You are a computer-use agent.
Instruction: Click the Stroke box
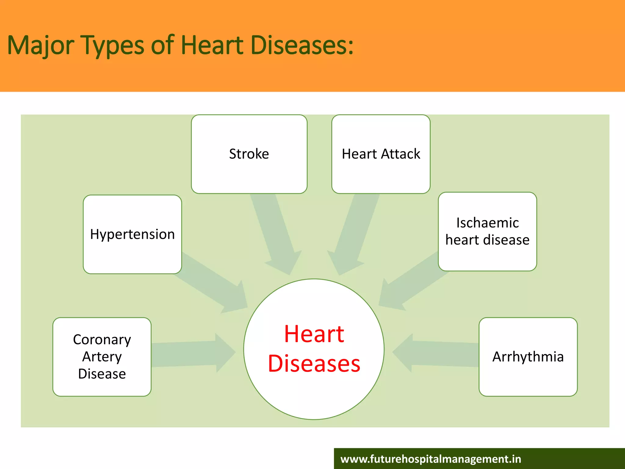tap(249, 154)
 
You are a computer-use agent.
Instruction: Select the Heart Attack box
tap(381, 154)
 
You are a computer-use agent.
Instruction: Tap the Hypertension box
tap(132, 234)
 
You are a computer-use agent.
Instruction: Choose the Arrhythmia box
tap(528, 357)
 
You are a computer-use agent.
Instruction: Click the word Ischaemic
tap(487, 223)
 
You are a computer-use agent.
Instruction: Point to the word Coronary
tap(102, 340)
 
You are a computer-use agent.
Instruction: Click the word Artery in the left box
tap(102, 357)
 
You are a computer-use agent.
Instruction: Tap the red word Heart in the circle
tap(314, 334)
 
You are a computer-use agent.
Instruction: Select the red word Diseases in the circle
tap(314, 363)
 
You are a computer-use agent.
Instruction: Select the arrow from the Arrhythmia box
tap(436, 353)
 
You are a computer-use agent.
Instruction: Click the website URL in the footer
tap(431, 459)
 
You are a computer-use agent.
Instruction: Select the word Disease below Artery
tap(102, 374)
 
